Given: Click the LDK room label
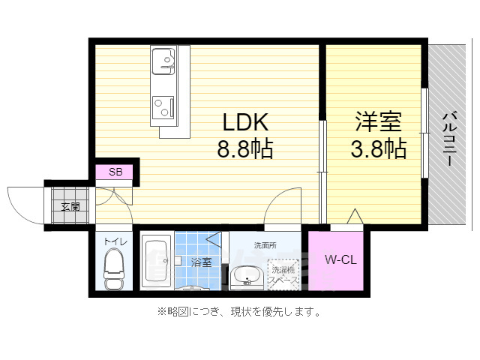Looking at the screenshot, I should (244, 121).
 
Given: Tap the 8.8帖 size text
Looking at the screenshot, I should (244, 148).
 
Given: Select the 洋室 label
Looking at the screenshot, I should (378, 121).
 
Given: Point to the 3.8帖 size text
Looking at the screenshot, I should (379, 148).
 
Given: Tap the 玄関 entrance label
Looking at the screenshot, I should (70, 206).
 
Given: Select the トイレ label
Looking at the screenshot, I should (115, 242).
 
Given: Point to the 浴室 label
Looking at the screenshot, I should (200, 262).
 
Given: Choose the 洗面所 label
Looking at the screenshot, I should (265, 245).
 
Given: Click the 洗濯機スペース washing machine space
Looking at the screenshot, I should (285, 274).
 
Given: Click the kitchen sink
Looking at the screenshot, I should (163, 60).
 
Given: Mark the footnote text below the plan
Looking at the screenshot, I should (238, 312).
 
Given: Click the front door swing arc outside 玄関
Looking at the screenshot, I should (26, 202).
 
